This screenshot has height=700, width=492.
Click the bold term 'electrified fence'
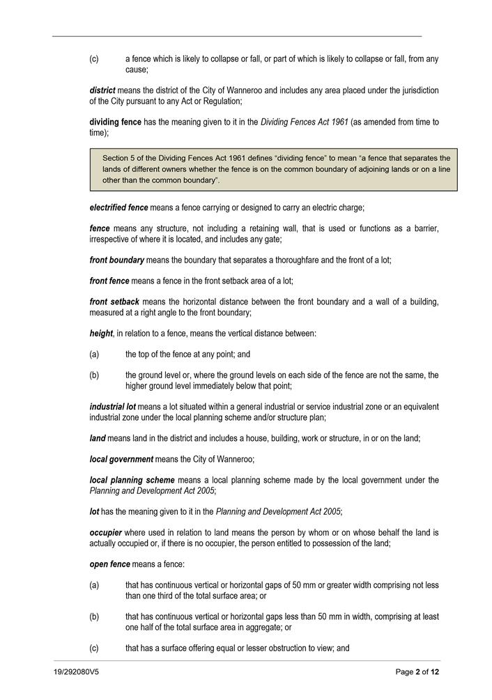(x=118, y=208)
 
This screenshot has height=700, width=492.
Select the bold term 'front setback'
(x=115, y=302)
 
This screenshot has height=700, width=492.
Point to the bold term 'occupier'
(x=107, y=533)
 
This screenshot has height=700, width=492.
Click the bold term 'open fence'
(x=109, y=564)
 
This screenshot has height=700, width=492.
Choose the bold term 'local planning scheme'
(x=132, y=480)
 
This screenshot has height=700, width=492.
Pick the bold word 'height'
(x=101, y=334)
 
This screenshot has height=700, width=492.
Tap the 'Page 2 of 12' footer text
(x=417, y=672)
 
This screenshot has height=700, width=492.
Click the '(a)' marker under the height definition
(x=94, y=355)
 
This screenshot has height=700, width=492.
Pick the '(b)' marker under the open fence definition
(x=94, y=616)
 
